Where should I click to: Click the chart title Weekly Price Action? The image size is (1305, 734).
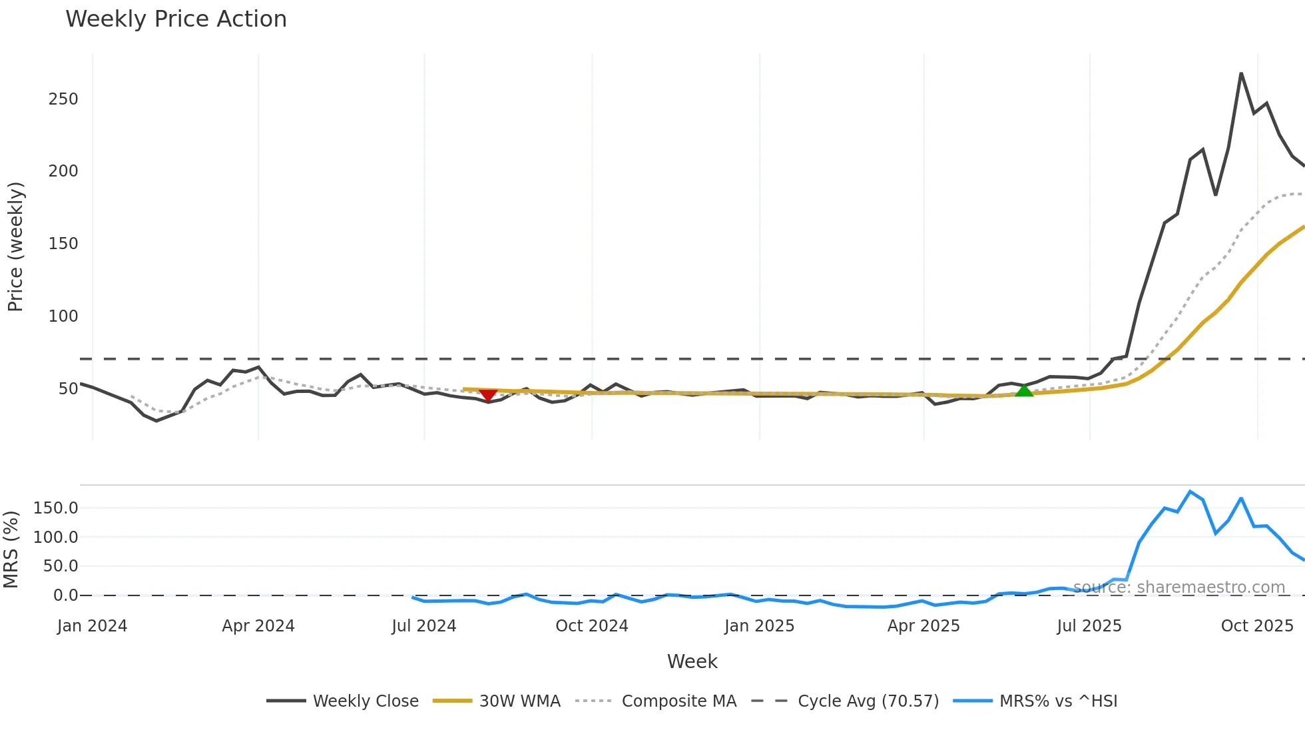tap(176, 19)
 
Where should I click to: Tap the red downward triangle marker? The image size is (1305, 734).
tap(488, 395)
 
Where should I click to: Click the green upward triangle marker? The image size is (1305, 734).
tap(1024, 390)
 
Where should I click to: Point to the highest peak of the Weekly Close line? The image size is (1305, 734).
tap(1241, 73)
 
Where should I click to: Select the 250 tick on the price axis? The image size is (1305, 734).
tap(63, 99)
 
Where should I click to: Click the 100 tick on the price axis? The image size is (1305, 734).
tap(63, 316)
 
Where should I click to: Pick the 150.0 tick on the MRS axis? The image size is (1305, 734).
tap(56, 508)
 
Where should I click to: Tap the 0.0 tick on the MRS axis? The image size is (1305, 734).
tap(65, 595)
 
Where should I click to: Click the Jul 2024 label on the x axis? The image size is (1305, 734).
tap(424, 626)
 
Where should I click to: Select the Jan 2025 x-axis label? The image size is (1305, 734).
tap(759, 626)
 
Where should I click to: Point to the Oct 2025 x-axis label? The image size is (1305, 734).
tap(1257, 626)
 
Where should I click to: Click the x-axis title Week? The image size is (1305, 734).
tap(692, 661)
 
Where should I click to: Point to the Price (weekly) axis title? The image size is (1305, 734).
tap(16, 246)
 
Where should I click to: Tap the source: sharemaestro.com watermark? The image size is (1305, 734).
tap(1179, 587)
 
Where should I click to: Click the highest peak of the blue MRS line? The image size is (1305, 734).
tap(1190, 492)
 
